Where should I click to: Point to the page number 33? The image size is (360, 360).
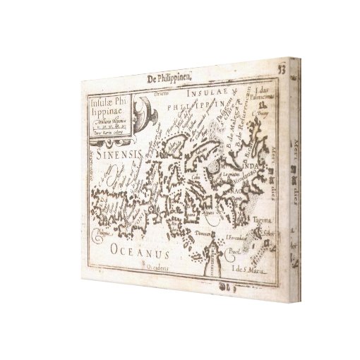pos(281,68)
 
